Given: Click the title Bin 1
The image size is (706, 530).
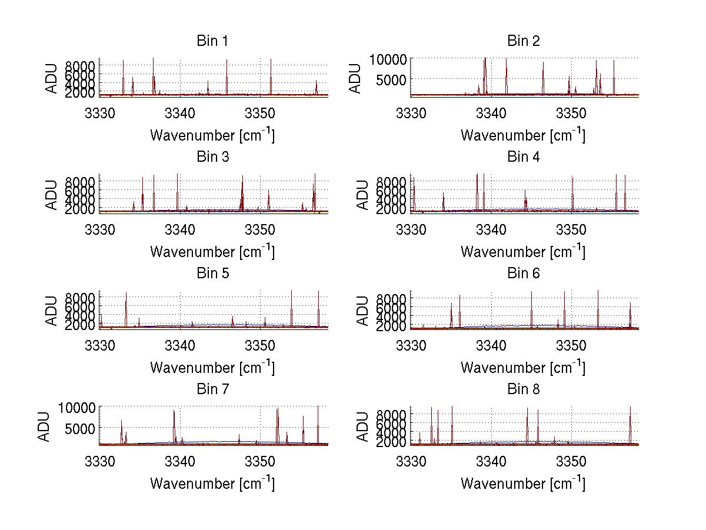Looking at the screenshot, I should click(x=212, y=41).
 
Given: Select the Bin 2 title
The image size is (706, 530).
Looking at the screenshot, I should click(x=524, y=41).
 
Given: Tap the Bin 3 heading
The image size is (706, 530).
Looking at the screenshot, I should click(x=212, y=157).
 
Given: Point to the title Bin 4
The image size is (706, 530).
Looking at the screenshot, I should click(x=524, y=157).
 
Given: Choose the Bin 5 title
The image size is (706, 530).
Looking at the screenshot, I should click(x=212, y=274).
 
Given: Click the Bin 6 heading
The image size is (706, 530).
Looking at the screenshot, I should click(x=524, y=274).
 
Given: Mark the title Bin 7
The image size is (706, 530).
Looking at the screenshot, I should click(x=212, y=389).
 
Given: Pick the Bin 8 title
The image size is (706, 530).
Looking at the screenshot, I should click(x=524, y=389).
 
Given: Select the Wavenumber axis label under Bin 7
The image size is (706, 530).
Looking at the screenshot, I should click(x=212, y=483).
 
